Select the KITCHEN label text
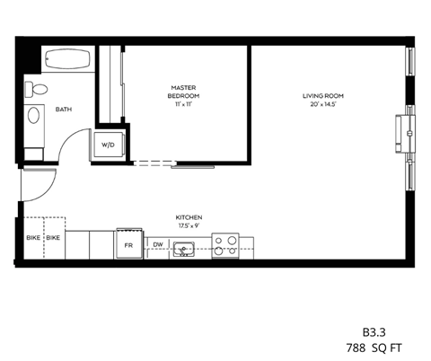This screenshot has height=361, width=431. (x=189, y=217)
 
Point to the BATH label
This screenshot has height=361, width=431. (x=64, y=110)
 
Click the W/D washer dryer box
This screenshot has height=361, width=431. (x=108, y=144)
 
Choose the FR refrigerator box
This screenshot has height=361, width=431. (x=128, y=244)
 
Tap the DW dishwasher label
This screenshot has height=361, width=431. (x=158, y=244)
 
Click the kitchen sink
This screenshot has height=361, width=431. (x=185, y=247)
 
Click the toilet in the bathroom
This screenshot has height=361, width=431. (x=37, y=90)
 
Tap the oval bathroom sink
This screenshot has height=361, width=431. (x=34, y=115)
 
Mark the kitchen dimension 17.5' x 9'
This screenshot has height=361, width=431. (x=189, y=225)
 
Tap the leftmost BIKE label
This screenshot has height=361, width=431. (x=33, y=238)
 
